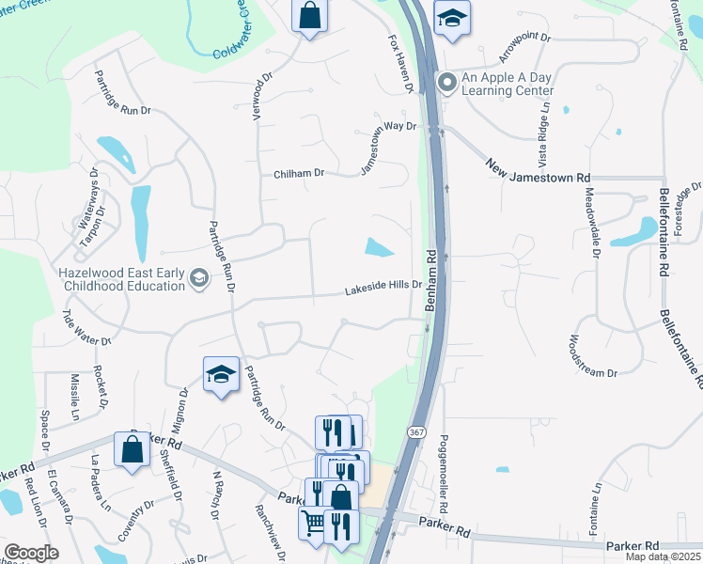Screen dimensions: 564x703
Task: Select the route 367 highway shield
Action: click(414, 431)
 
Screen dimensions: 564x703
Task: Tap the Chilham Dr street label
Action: click(299, 174)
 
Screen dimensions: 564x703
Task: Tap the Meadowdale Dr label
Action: click(593, 221)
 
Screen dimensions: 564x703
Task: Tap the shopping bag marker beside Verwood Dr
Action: click(308, 16)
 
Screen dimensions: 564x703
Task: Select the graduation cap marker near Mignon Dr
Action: click(220, 375)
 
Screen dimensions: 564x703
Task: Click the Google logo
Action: click(31, 553)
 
